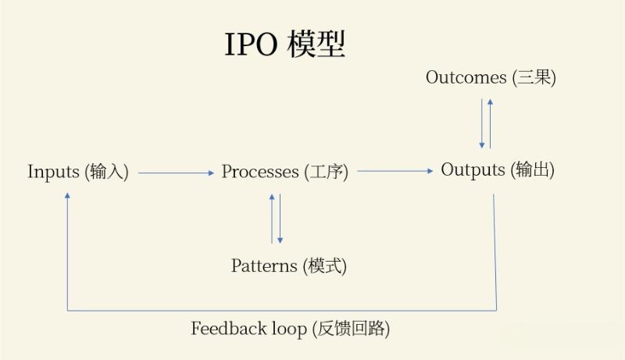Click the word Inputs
[x=54, y=172]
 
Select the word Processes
[x=260, y=172]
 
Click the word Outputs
[x=473, y=169]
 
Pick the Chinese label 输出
[x=534, y=169]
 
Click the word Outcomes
[x=466, y=77]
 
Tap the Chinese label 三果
[x=534, y=77]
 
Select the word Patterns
[x=264, y=266]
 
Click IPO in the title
[x=251, y=45]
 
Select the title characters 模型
[x=316, y=45]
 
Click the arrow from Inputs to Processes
[x=176, y=173]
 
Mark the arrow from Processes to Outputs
[x=395, y=171]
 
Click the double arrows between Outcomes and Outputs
[x=486, y=123]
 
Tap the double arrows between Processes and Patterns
[x=276, y=218]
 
